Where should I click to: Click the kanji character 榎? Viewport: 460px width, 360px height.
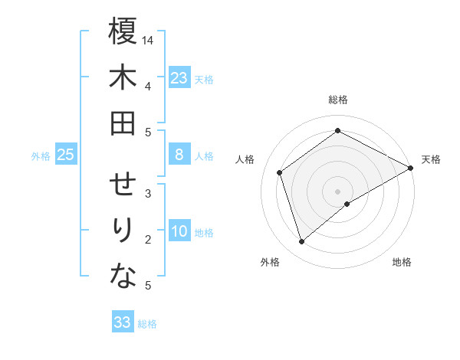123,32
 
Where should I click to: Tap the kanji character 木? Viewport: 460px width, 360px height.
123,78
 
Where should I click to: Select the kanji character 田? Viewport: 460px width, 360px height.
123,123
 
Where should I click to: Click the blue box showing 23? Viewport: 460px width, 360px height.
179,78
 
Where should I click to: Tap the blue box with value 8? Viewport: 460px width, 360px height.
179,155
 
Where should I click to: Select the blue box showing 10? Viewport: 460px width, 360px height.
179,231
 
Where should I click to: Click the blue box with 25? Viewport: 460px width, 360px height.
66,155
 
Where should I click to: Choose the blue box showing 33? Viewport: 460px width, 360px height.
123,322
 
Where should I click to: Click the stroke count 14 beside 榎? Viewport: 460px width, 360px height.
149,40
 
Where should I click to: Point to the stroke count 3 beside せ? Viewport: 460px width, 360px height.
147,194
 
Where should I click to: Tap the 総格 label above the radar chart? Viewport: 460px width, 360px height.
337,100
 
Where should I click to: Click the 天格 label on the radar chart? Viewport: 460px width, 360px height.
431,159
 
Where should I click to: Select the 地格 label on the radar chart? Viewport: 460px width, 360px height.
402,262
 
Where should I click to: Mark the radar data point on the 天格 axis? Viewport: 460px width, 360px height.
412,168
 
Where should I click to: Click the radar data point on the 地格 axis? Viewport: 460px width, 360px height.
347,204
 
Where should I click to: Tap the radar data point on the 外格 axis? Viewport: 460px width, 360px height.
301,242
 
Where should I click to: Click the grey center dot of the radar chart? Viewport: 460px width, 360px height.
337,191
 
